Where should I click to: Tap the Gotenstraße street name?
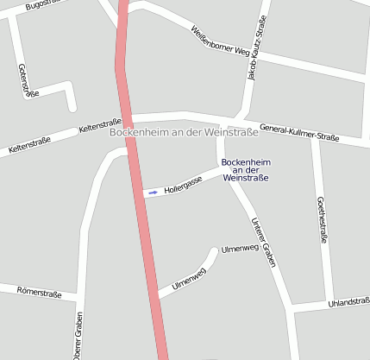coord(28,82)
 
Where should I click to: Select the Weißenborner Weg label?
coord(219,40)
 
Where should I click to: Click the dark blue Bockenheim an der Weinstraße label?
coord(246,170)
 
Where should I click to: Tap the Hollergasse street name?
coord(183,182)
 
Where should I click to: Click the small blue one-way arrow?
coord(153,193)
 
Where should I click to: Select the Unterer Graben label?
coord(263,243)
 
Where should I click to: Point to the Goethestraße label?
coord(322,220)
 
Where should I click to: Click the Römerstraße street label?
coord(39,294)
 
